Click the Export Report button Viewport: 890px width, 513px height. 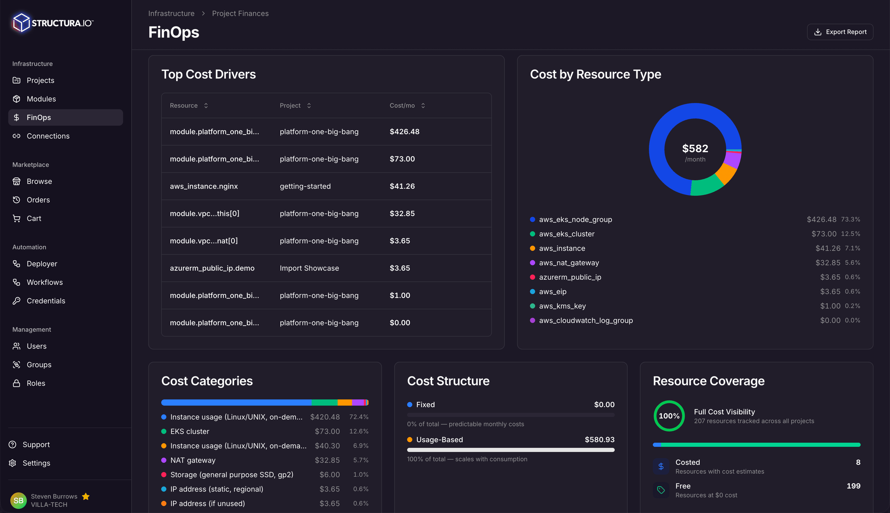pyautogui.click(x=840, y=32)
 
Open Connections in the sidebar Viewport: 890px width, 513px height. pyautogui.click(x=48, y=136)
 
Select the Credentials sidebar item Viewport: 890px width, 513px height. pyautogui.click(x=46, y=301)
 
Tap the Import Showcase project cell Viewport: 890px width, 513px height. pyautogui.click(x=309, y=268)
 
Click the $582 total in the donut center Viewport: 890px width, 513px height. pyautogui.click(x=695, y=149)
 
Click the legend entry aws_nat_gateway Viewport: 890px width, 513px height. pyautogui.click(x=569, y=263)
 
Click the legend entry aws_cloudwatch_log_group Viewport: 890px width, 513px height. pyautogui.click(x=586, y=321)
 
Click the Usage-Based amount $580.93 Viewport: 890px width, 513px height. pyautogui.click(x=599, y=440)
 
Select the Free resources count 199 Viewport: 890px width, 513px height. pyautogui.click(x=853, y=486)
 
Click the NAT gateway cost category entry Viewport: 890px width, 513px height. pyautogui.click(x=193, y=460)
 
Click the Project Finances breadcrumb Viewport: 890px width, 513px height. pyautogui.click(x=240, y=13)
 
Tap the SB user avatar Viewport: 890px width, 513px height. pyautogui.click(x=18, y=500)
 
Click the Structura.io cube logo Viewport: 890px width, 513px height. pyautogui.click(x=21, y=23)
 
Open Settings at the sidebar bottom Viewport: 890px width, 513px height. pyautogui.click(x=36, y=463)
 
